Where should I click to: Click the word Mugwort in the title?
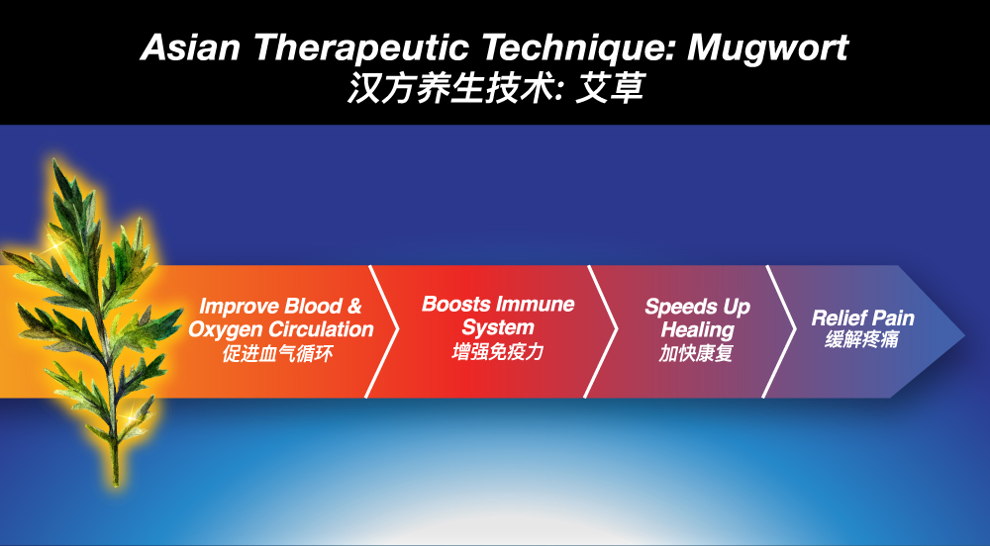tap(768, 48)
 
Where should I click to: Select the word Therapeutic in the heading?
tap(361, 48)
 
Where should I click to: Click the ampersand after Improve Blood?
tap(354, 306)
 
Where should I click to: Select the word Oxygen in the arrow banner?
tap(226, 329)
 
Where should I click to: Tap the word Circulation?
tap(322, 328)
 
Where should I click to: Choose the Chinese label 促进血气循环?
tap(277, 353)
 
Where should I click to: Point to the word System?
tap(498, 327)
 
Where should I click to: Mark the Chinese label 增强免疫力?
tap(498, 351)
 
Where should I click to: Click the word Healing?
tap(697, 330)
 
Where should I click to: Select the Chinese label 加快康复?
tap(696, 353)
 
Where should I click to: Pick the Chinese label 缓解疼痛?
tap(862, 339)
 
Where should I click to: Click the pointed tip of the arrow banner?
tap(964, 334)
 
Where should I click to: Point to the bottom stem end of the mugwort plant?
tap(116, 483)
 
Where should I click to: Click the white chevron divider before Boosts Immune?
tap(382, 331)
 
